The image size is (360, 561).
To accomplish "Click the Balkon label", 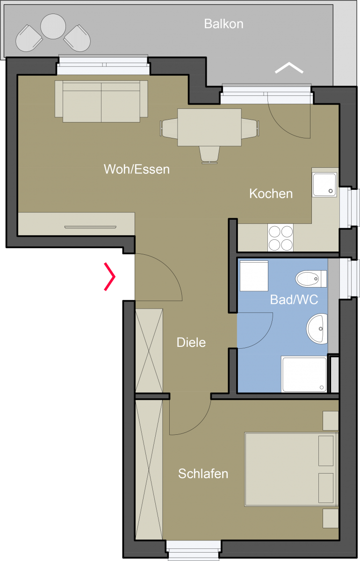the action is tap(223, 24).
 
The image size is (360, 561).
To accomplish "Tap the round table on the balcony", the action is tap(53, 26).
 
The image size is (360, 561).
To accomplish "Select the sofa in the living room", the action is tap(101, 101).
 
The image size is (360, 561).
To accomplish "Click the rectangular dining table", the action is tap(209, 127).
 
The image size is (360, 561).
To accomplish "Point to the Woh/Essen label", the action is tap(137, 169).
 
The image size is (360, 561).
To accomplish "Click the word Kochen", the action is tap(271, 194).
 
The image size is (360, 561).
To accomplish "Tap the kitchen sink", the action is tap(324, 185).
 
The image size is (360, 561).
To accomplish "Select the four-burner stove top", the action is tap(281, 238).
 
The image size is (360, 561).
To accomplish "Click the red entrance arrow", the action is tap(110, 277).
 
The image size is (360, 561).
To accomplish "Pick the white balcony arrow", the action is tap(289, 68).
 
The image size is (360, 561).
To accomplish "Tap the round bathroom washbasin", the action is tap(317, 329).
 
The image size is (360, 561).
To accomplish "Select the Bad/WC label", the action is tap(294, 300).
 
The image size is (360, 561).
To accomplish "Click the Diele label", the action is tap(191, 343).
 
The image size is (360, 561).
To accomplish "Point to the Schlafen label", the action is tap(203, 474).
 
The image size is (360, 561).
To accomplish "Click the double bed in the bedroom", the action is tap(292, 469).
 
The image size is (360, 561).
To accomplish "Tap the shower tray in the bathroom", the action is tap(304, 374).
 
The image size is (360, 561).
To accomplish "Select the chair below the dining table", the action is tap(209, 155).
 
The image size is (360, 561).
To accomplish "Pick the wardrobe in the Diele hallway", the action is tap(149, 351).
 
